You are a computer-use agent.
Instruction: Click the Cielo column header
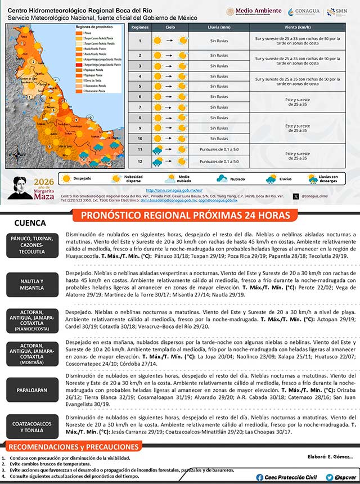point(170,27)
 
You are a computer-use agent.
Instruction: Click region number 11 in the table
point(139,149)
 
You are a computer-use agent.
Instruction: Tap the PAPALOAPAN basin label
point(31,389)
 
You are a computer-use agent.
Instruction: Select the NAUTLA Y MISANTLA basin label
point(31,284)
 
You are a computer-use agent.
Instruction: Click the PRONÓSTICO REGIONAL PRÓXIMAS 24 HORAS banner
point(185,216)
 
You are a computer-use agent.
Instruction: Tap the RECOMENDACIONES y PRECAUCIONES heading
point(73,447)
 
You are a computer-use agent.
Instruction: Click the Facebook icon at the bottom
point(259,477)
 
